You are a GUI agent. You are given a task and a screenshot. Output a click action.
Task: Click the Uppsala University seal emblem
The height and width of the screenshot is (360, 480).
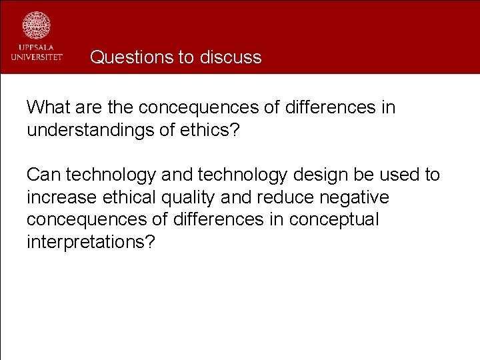(37, 25)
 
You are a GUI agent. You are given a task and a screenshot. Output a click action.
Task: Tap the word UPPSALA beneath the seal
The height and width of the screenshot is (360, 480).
(37, 48)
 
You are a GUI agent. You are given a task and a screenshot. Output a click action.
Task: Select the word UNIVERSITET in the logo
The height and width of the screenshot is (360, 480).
(37, 57)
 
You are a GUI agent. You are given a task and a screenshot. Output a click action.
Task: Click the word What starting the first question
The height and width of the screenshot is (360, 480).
(49, 107)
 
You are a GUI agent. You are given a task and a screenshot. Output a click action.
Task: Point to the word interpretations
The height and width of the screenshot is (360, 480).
(91, 242)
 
